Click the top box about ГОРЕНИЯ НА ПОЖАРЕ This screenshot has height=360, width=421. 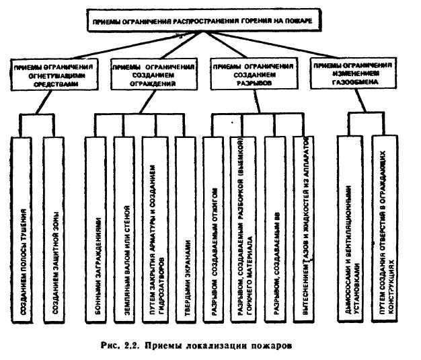202,20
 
